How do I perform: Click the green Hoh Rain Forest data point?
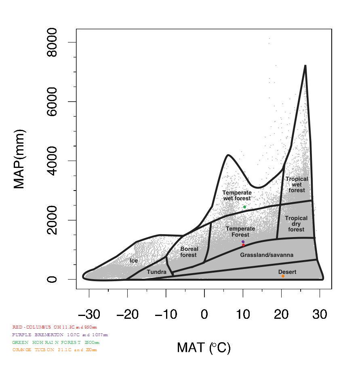[244, 207]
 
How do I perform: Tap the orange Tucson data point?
[283, 276]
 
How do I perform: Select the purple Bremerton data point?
[243, 242]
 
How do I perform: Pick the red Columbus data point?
[243, 245]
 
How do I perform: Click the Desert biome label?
[287, 272]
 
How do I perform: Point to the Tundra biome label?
[156, 272]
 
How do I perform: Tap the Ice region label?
[134, 261]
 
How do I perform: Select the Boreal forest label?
[189, 252]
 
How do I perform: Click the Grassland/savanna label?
[267, 255]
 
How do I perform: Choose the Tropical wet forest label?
[297, 184]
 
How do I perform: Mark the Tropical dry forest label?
[296, 224]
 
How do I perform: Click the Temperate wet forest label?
[237, 196]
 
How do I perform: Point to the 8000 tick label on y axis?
[52, 42]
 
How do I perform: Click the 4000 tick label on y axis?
[52, 161]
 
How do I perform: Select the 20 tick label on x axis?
[281, 314]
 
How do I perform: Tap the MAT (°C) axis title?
[204, 347]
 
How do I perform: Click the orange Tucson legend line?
[55, 350]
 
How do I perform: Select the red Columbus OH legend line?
[55, 327]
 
